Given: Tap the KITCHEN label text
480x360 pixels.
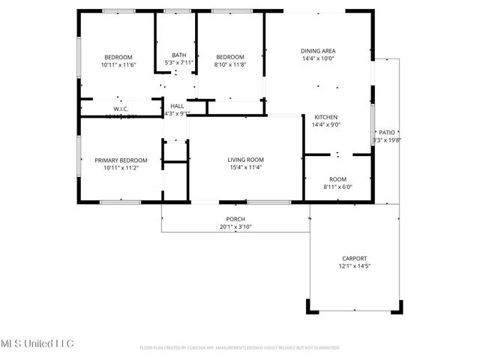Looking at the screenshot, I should (x=325, y=117).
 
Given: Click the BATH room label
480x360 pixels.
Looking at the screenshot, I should (x=178, y=55).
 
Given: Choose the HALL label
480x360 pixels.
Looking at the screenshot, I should (x=177, y=106).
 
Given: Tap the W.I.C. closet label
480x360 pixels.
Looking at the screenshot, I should (x=121, y=109).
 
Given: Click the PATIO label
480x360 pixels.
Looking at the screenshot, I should (x=387, y=131).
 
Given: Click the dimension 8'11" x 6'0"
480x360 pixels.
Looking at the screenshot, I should (x=337, y=187).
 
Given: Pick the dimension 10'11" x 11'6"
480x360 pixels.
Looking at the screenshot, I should (x=118, y=66).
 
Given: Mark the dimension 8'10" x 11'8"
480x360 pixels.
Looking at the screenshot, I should (x=230, y=66).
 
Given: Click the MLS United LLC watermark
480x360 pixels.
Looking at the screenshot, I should (x=37, y=343).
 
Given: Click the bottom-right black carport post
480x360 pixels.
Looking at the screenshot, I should (x=398, y=306).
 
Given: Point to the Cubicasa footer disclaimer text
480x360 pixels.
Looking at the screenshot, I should (x=240, y=348).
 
